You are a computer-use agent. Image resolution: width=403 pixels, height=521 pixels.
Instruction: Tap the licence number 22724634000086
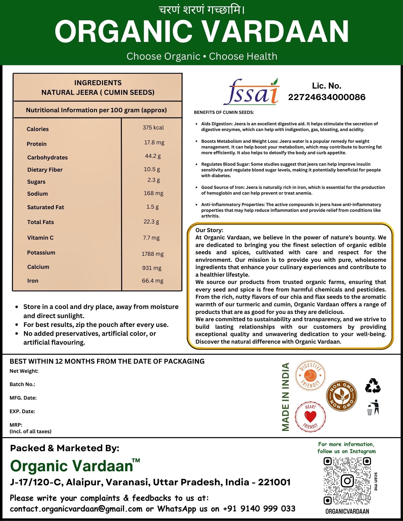[x=327, y=97]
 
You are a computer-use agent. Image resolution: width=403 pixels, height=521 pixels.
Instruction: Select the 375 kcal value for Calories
[x=153, y=128]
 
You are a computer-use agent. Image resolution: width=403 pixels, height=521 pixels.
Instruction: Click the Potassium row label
[x=41, y=253]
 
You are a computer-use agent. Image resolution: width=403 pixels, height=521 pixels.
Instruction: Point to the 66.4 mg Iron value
[x=153, y=281]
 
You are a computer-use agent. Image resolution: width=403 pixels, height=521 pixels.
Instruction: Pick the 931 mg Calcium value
[x=152, y=268]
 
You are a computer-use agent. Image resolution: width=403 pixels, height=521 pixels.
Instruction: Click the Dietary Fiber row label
[x=45, y=170]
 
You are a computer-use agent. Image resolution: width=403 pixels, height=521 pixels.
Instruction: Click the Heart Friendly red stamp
[x=310, y=416]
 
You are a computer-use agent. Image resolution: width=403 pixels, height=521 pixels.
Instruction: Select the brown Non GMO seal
[x=341, y=396]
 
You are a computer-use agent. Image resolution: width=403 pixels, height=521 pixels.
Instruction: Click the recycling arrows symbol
[x=373, y=386]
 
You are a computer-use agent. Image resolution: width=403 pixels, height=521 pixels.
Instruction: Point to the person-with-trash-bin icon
[x=373, y=407]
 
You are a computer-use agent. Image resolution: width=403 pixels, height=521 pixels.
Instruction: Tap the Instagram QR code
[x=347, y=481]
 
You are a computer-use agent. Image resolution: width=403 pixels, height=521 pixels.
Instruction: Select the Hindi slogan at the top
[x=202, y=10]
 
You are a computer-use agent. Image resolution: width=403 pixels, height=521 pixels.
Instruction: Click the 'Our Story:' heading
[x=209, y=230]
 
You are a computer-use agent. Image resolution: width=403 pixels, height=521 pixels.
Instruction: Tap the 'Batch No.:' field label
[x=22, y=384]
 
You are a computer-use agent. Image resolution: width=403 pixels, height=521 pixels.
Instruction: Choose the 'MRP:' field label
[x=16, y=425]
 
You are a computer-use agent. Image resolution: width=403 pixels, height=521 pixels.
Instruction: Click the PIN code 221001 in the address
[x=274, y=482]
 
